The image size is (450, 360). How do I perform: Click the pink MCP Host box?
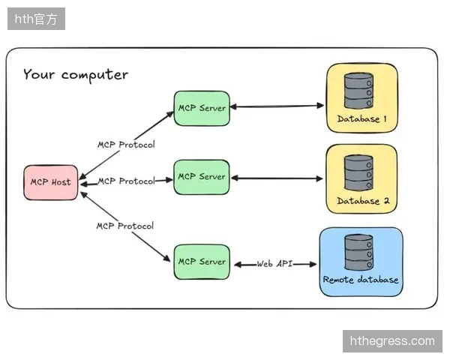coord(51,182)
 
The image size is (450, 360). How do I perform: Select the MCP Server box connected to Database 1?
coord(202,108)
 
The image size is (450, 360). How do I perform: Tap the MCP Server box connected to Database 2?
coord(202,177)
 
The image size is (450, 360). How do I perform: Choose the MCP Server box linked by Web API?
coord(202,262)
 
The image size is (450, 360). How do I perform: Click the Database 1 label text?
coord(361,118)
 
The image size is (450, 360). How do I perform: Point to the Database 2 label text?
coord(363,201)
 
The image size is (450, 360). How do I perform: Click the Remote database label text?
coord(361,280)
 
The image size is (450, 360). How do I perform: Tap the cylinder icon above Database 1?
coord(358,91)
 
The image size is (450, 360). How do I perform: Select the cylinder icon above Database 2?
coord(358,172)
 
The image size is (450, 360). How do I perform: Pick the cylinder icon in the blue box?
coord(359,252)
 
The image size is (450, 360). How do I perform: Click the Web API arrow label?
coord(274,264)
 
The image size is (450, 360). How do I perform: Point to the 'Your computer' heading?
coord(76,75)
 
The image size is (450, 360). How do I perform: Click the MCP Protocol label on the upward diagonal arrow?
coord(126,145)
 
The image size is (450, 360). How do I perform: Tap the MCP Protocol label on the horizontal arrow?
coord(127,181)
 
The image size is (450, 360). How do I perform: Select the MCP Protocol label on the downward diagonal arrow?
coord(125,226)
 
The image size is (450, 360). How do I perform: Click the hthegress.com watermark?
coord(392,341)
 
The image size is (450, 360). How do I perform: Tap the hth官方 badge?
coord(36,19)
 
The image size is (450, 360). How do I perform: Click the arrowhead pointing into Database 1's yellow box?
coord(320,106)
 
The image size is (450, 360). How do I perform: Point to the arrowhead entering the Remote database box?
coord(313,265)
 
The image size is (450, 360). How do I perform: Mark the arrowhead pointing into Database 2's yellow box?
coord(319,178)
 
